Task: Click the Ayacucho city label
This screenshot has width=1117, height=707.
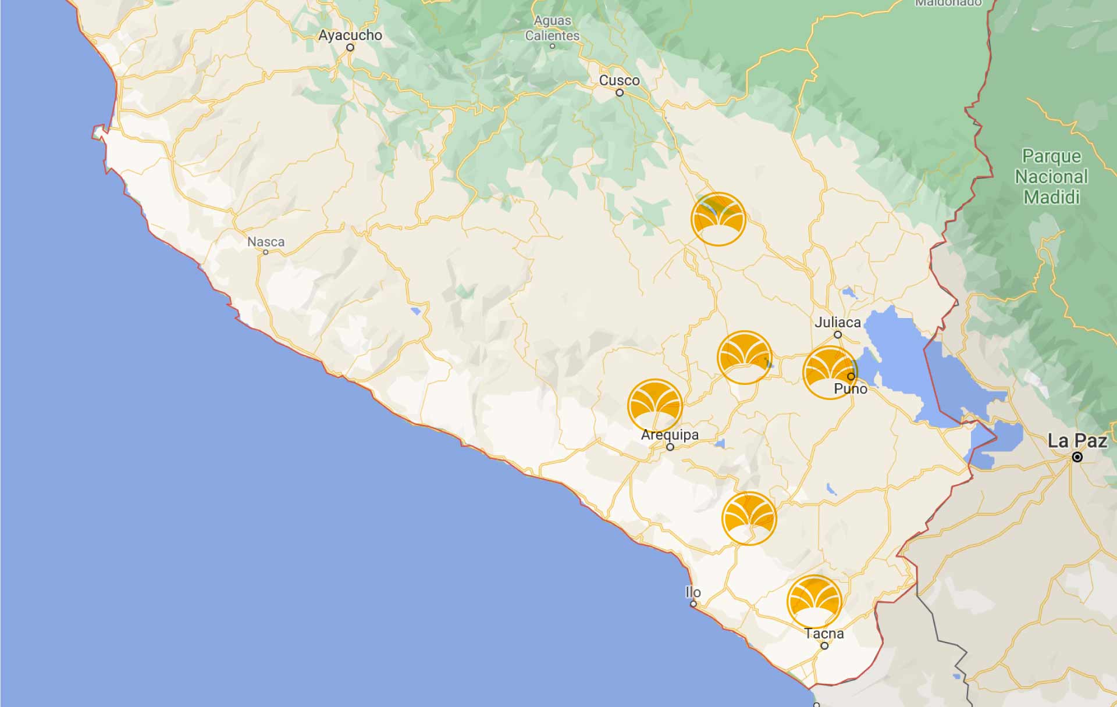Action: [350, 35]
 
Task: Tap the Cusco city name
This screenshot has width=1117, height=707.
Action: [619, 80]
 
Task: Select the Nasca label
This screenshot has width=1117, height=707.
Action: [266, 241]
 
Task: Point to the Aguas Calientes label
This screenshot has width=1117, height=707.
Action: [552, 28]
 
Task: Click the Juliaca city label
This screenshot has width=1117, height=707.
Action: [837, 322]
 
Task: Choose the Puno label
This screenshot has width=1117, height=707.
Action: [850, 389]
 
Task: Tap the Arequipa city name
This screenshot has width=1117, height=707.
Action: [670, 434]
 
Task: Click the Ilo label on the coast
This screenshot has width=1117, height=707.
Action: [693, 592]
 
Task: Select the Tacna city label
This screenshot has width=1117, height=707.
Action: [824, 633]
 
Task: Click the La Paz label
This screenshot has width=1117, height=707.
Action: [1077, 441]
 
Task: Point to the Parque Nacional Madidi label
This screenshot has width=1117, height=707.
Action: [1051, 177]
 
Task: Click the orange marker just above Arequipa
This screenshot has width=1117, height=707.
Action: [655, 406]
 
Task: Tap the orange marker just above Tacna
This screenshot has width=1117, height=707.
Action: [814, 602]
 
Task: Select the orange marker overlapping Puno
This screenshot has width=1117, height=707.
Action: [830, 373]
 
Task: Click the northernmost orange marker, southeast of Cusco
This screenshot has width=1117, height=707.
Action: [718, 219]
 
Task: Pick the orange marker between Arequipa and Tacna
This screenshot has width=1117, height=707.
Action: [749, 518]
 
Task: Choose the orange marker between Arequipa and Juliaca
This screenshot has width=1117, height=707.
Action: [745, 358]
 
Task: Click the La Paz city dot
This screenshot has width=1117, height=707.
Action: [1077, 457]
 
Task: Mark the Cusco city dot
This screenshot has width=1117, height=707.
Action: [620, 92]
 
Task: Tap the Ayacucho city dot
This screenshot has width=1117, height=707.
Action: [350, 48]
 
